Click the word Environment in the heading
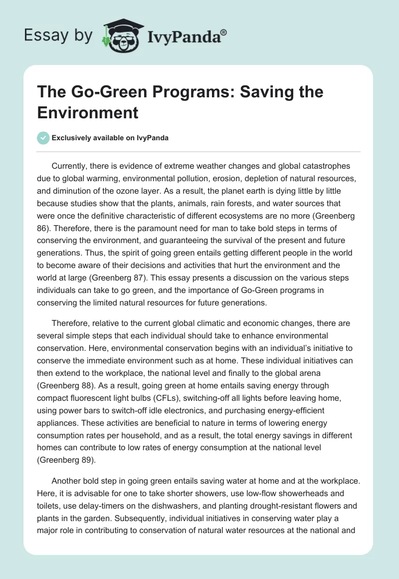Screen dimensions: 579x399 click(x=87, y=112)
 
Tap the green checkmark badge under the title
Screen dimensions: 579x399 click(x=43, y=138)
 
